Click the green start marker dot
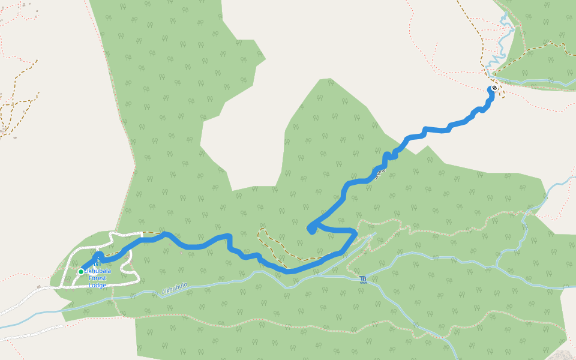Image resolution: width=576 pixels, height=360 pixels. pyautogui.click(x=81, y=272)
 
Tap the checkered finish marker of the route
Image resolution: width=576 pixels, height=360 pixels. pyautogui.click(x=494, y=88)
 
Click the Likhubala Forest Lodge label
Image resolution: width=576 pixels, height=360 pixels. pyautogui.click(x=97, y=278)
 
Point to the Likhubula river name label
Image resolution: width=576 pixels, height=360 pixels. pyautogui.click(x=175, y=289)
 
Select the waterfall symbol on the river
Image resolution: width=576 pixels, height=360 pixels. pyautogui.click(x=364, y=279)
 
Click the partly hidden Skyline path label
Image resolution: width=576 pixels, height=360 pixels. pyautogui.click(x=378, y=175)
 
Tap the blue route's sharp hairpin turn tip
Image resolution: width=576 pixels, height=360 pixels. pyautogui.click(x=311, y=228)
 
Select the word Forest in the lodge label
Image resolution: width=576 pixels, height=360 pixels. pyautogui.click(x=97, y=278)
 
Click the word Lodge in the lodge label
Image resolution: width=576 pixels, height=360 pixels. pyautogui.click(x=97, y=285)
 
